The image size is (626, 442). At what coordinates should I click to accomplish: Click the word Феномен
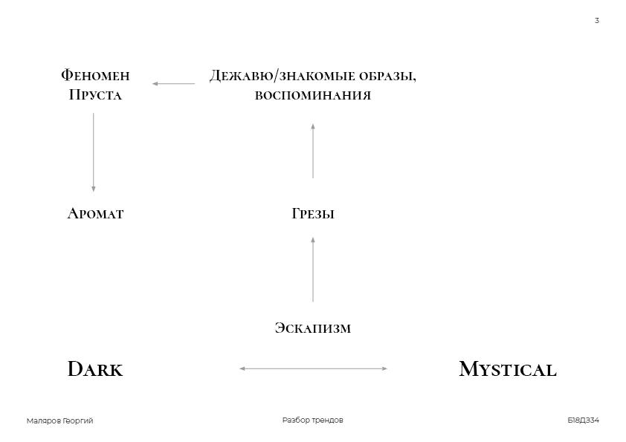point(95,75)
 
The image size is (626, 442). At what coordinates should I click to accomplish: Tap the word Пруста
point(95,94)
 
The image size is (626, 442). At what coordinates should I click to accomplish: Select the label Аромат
point(95,213)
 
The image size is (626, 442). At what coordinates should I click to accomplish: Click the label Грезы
point(313,213)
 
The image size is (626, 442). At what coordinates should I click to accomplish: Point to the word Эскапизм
point(313,328)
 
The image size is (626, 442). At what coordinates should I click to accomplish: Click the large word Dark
point(95,368)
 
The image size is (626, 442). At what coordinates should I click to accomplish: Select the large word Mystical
point(508,369)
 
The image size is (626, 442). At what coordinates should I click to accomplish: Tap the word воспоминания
point(313,95)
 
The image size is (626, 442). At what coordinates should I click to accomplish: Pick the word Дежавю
point(242,75)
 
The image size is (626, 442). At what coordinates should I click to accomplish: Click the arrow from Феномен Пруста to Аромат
point(94,152)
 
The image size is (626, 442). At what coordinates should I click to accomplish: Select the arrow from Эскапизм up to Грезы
point(313,269)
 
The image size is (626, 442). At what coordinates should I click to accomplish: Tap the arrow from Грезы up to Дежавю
point(313,151)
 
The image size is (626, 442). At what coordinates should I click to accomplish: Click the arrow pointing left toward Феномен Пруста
point(174,84)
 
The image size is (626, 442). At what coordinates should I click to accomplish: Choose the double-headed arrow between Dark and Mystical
point(314,368)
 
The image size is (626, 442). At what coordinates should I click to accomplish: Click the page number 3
point(597,20)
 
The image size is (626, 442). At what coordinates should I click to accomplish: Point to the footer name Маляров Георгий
point(60,420)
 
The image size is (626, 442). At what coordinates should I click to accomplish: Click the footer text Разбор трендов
point(312,420)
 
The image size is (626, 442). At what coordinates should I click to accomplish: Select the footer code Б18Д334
point(584,420)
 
